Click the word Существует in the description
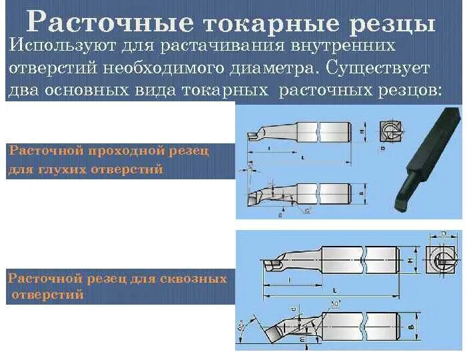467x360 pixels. (x=364, y=68)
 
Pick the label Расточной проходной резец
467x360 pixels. (x=109, y=151)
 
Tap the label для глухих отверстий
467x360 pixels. (x=85, y=169)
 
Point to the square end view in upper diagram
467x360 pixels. (x=389, y=133)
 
